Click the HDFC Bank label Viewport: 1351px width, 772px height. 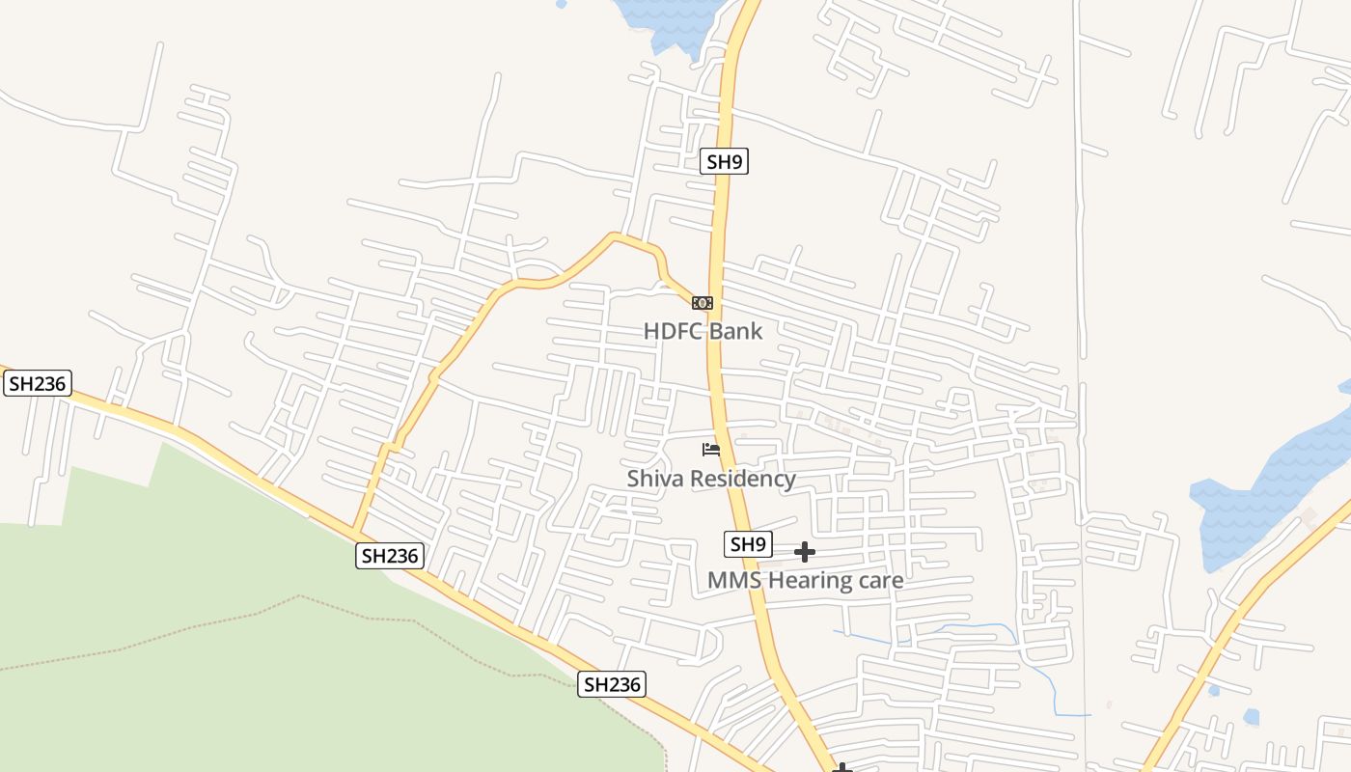click(703, 331)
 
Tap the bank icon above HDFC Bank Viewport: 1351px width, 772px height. click(703, 302)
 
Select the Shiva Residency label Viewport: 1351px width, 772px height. click(711, 479)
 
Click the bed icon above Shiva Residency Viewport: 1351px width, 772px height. click(711, 449)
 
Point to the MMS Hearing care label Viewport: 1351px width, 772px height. click(806, 580)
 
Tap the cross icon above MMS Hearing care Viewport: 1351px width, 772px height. click(805, 552)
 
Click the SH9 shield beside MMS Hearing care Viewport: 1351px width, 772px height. click(748, 544)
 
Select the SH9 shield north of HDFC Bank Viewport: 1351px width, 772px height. click(724, 161)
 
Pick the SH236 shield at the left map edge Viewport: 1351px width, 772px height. click(37, 383)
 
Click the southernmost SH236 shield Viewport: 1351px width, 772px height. click(612, 684)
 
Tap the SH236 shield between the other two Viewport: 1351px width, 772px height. click(390, 555)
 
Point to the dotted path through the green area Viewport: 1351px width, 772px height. click(289, 600)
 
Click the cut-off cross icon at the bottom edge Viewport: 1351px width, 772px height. click(842, 767)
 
